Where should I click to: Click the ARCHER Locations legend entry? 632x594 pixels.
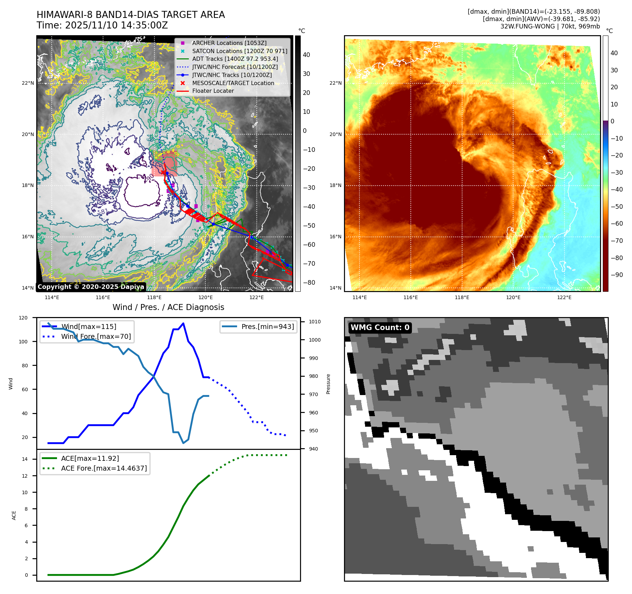(x=229, y=43)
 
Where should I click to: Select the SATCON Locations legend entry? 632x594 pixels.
(x=240, y=51)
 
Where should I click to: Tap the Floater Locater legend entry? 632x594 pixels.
(x=213, y=91)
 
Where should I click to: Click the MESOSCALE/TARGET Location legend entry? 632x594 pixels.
(x=233, y=83)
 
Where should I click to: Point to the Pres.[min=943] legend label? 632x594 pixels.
(x=268, y=327)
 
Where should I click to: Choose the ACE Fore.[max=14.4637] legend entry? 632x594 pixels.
(x=104, y=468)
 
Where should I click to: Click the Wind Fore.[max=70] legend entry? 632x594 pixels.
(x=96, y=336)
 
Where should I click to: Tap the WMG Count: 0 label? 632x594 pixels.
(x=380, y=328)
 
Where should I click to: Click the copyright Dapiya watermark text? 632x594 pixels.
(x=91, y=287)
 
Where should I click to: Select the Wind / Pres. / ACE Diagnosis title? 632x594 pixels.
(x=168, y=307)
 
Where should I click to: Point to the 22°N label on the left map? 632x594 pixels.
(x=28, y=83)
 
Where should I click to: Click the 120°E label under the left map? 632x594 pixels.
(x=205, y=297)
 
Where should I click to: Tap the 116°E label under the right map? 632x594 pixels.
(x=410, y=297)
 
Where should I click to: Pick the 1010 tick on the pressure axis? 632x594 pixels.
(x=315, y=322)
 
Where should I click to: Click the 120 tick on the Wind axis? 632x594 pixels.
(x=23, y=318)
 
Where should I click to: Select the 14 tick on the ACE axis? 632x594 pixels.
(x=25, y=459)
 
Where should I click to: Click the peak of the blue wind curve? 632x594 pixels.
(x=183, y=323)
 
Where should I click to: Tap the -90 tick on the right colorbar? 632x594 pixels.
(x=617, y=275)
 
